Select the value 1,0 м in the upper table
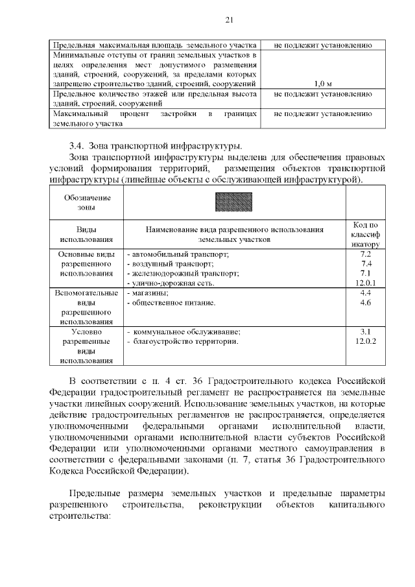pos(322,84)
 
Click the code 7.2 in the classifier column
pos(365,254)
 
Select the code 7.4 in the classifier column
pos(365,264)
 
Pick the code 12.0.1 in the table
pos(366,283)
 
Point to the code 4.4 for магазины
pos(365,293)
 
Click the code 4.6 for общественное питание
pos(365,302)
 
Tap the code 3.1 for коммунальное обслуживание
pos(365,331)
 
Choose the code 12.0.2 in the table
pos(366,341)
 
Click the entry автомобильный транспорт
pos(178,254)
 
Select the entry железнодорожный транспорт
pos(183,274)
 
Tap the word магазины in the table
pos(150,293)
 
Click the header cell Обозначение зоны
pos(87,202)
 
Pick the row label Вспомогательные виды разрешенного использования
pos(87,307)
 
